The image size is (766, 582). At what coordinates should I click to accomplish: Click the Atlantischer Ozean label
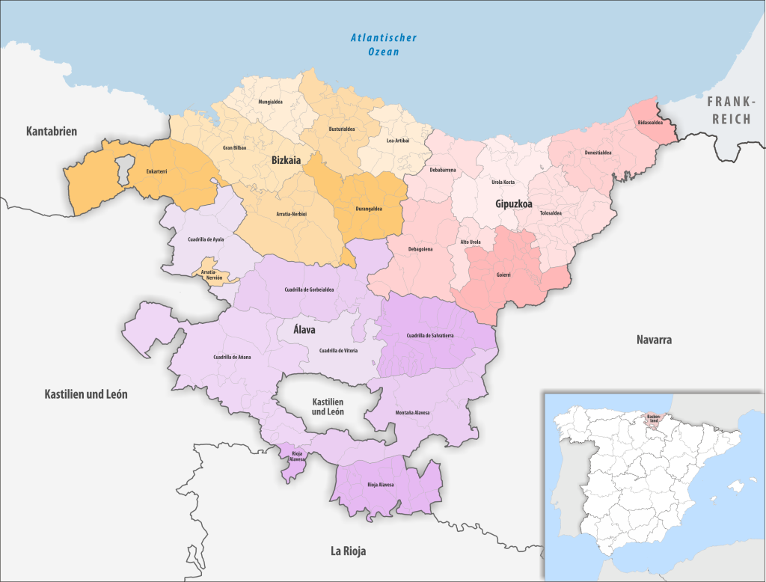pyautogui.click(x=383, y=44)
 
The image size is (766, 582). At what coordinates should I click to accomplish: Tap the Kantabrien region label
pyautogui.click(x=52, y=132)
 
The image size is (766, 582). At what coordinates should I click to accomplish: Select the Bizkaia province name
pyautogui.click(x=286, y=159)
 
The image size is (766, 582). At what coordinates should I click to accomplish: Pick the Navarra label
pyautogui.click(x=654, y=340)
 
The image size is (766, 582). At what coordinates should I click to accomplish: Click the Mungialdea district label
pyautogui.click(x=270, y=101)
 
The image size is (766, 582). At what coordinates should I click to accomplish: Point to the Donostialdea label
pyautogui.click(x=598, y=153)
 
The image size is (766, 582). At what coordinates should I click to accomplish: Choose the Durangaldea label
pyautogui.click(x=367, y=209)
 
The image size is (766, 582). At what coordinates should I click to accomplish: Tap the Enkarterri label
pyautogui.click(x=157, y=171)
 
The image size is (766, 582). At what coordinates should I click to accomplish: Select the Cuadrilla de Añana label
pyautogui.click(x=232, y=357)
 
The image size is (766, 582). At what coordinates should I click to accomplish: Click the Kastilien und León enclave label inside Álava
pyautogui.click(x=328, y=406)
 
